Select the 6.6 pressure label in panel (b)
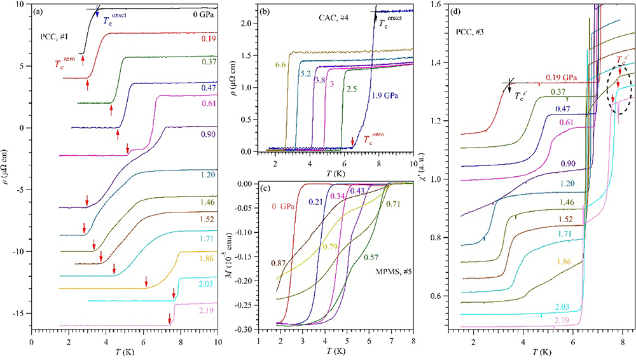coord(281,64)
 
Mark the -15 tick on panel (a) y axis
coord(18,314)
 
